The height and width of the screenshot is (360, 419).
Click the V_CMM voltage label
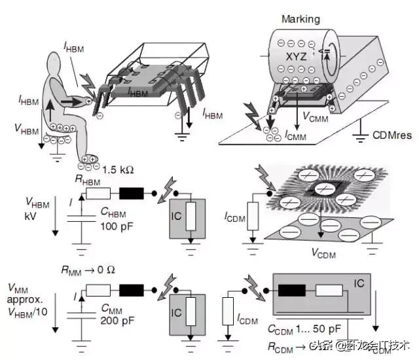pyautogui.click(x=316, y=116)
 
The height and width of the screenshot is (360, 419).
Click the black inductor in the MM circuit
pyautogui.click(x=134, y=290)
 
